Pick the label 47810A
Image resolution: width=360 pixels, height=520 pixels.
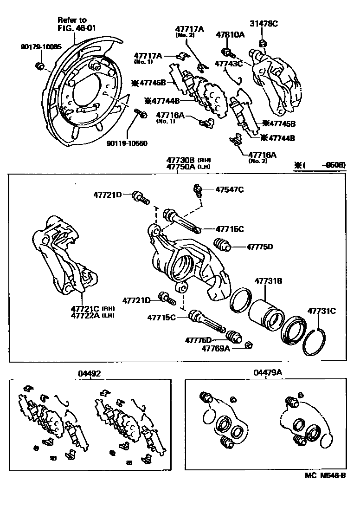[x=230, y=34]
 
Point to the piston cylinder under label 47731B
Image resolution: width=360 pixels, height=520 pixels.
[x=264, y=312]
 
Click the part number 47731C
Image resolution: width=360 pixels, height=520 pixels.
[x=321, y=311]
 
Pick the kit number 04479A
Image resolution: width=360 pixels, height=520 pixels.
[x=266, y=373]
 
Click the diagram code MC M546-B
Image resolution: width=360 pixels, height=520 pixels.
[x=325, y=475]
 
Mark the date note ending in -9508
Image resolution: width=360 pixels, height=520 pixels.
[x=321, y=165]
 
